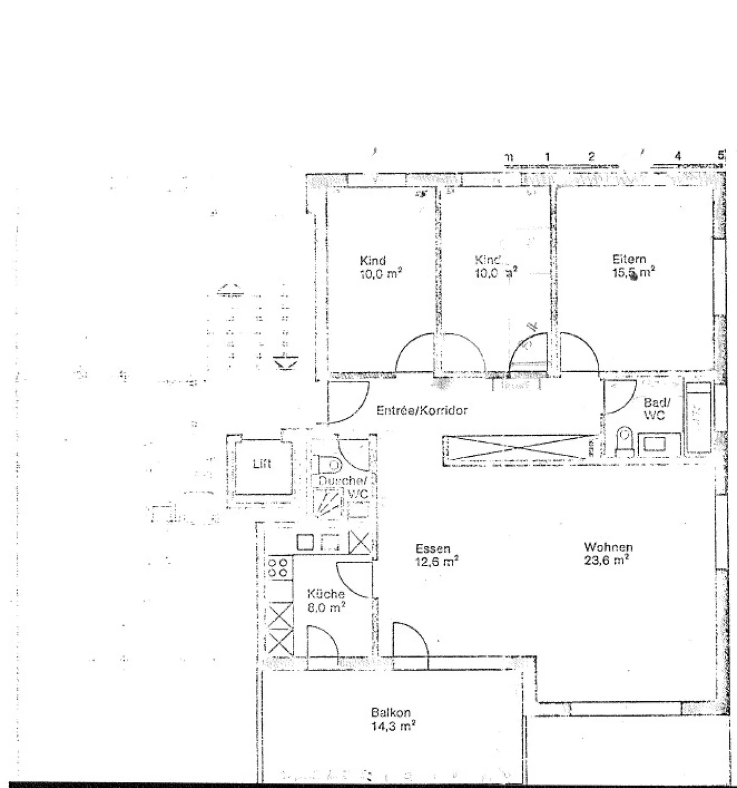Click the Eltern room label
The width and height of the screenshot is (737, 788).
pos(629,259)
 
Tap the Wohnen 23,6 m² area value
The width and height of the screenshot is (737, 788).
pos(606,560)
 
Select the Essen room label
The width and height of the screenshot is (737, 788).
pos(432,548)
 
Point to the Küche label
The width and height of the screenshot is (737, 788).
pos(326,594)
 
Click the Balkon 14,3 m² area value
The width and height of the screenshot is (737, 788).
pos(393,726)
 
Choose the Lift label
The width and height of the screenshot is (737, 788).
pos(262,464)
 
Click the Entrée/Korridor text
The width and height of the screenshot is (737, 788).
pos(422,410)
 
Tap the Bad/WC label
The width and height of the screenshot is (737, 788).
pos(656,409)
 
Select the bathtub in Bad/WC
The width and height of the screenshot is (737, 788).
pos(698,417)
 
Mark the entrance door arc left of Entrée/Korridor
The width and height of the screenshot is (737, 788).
pos(348,403)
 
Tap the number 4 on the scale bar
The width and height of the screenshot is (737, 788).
pos(678,156)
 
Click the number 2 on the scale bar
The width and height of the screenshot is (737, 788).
pos(591,156)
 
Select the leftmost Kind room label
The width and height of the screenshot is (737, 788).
pos(373,260)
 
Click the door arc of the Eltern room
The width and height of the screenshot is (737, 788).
pos(579,353)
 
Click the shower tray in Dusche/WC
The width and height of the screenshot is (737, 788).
pos(328,502)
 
